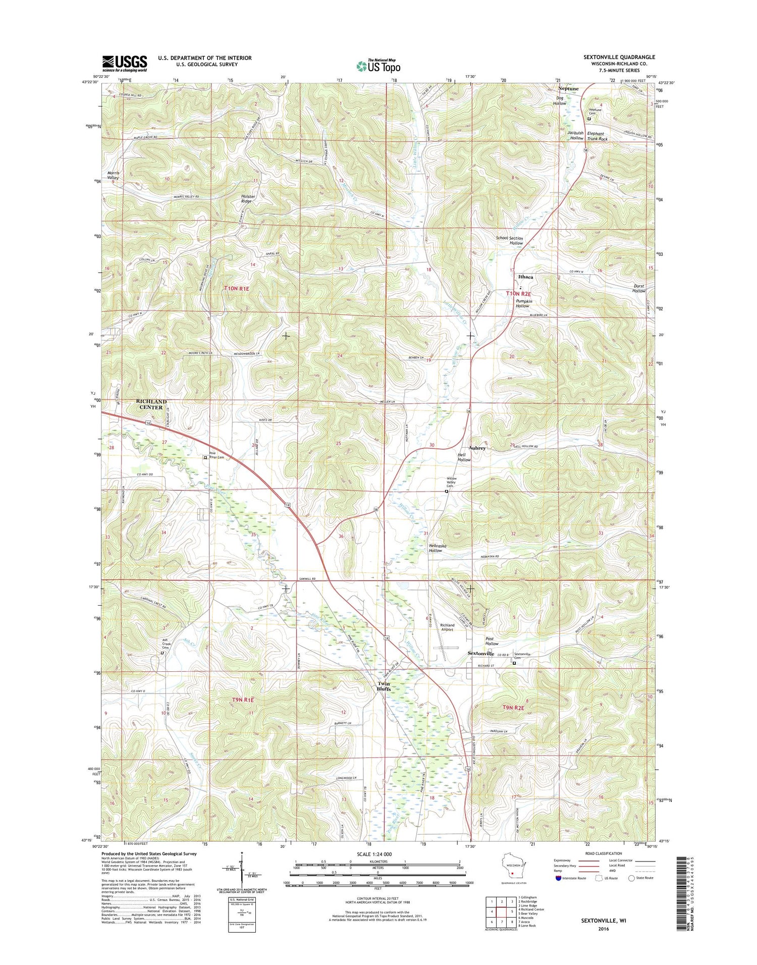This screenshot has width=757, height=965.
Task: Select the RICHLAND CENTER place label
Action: [x=151, y=404]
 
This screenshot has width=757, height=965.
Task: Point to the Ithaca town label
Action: [x=525, y=277]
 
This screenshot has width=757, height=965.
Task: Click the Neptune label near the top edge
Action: [x=568, y=88]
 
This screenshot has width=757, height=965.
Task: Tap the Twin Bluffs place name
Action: [x=384, y=686]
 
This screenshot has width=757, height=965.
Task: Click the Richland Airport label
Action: [x=447, y=627]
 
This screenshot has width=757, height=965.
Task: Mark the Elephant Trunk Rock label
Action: [x=597, y=136]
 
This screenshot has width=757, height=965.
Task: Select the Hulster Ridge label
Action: [x=248, y=198]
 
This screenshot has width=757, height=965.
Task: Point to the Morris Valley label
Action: [x=113, y=175]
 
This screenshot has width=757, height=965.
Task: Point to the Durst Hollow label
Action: [x=639, y=288]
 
